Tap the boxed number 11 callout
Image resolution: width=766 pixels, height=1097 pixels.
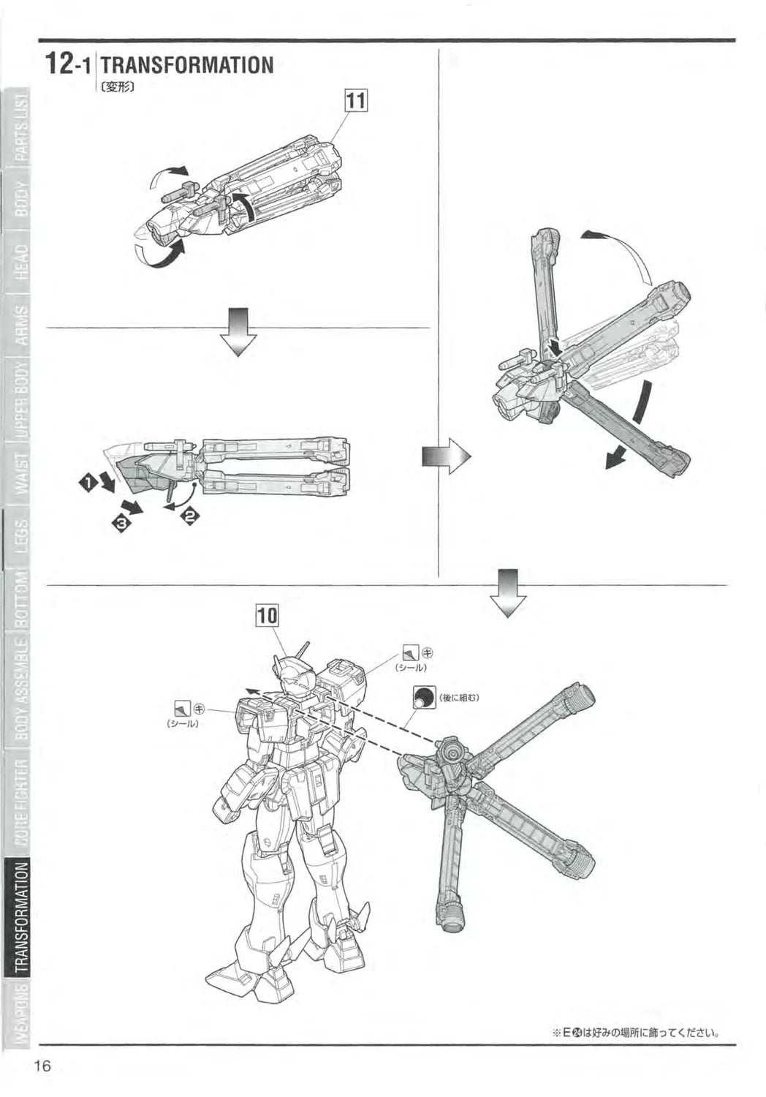coord(355,102)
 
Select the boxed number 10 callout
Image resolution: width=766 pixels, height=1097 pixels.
coord(267,616)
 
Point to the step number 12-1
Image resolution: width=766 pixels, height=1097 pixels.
coord(68,64)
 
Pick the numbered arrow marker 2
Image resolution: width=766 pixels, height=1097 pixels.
coord(190,516)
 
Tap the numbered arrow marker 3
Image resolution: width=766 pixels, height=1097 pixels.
coord(120,522)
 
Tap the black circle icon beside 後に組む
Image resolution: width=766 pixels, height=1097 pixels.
coord(423,698)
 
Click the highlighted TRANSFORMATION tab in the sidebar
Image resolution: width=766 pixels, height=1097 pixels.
coord(21,917)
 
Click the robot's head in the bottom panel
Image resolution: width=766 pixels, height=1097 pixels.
coord(292,676)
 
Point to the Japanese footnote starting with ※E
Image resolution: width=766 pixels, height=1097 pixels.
coord(635,1033)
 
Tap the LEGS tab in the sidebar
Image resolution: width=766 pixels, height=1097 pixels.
coord(21,538)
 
